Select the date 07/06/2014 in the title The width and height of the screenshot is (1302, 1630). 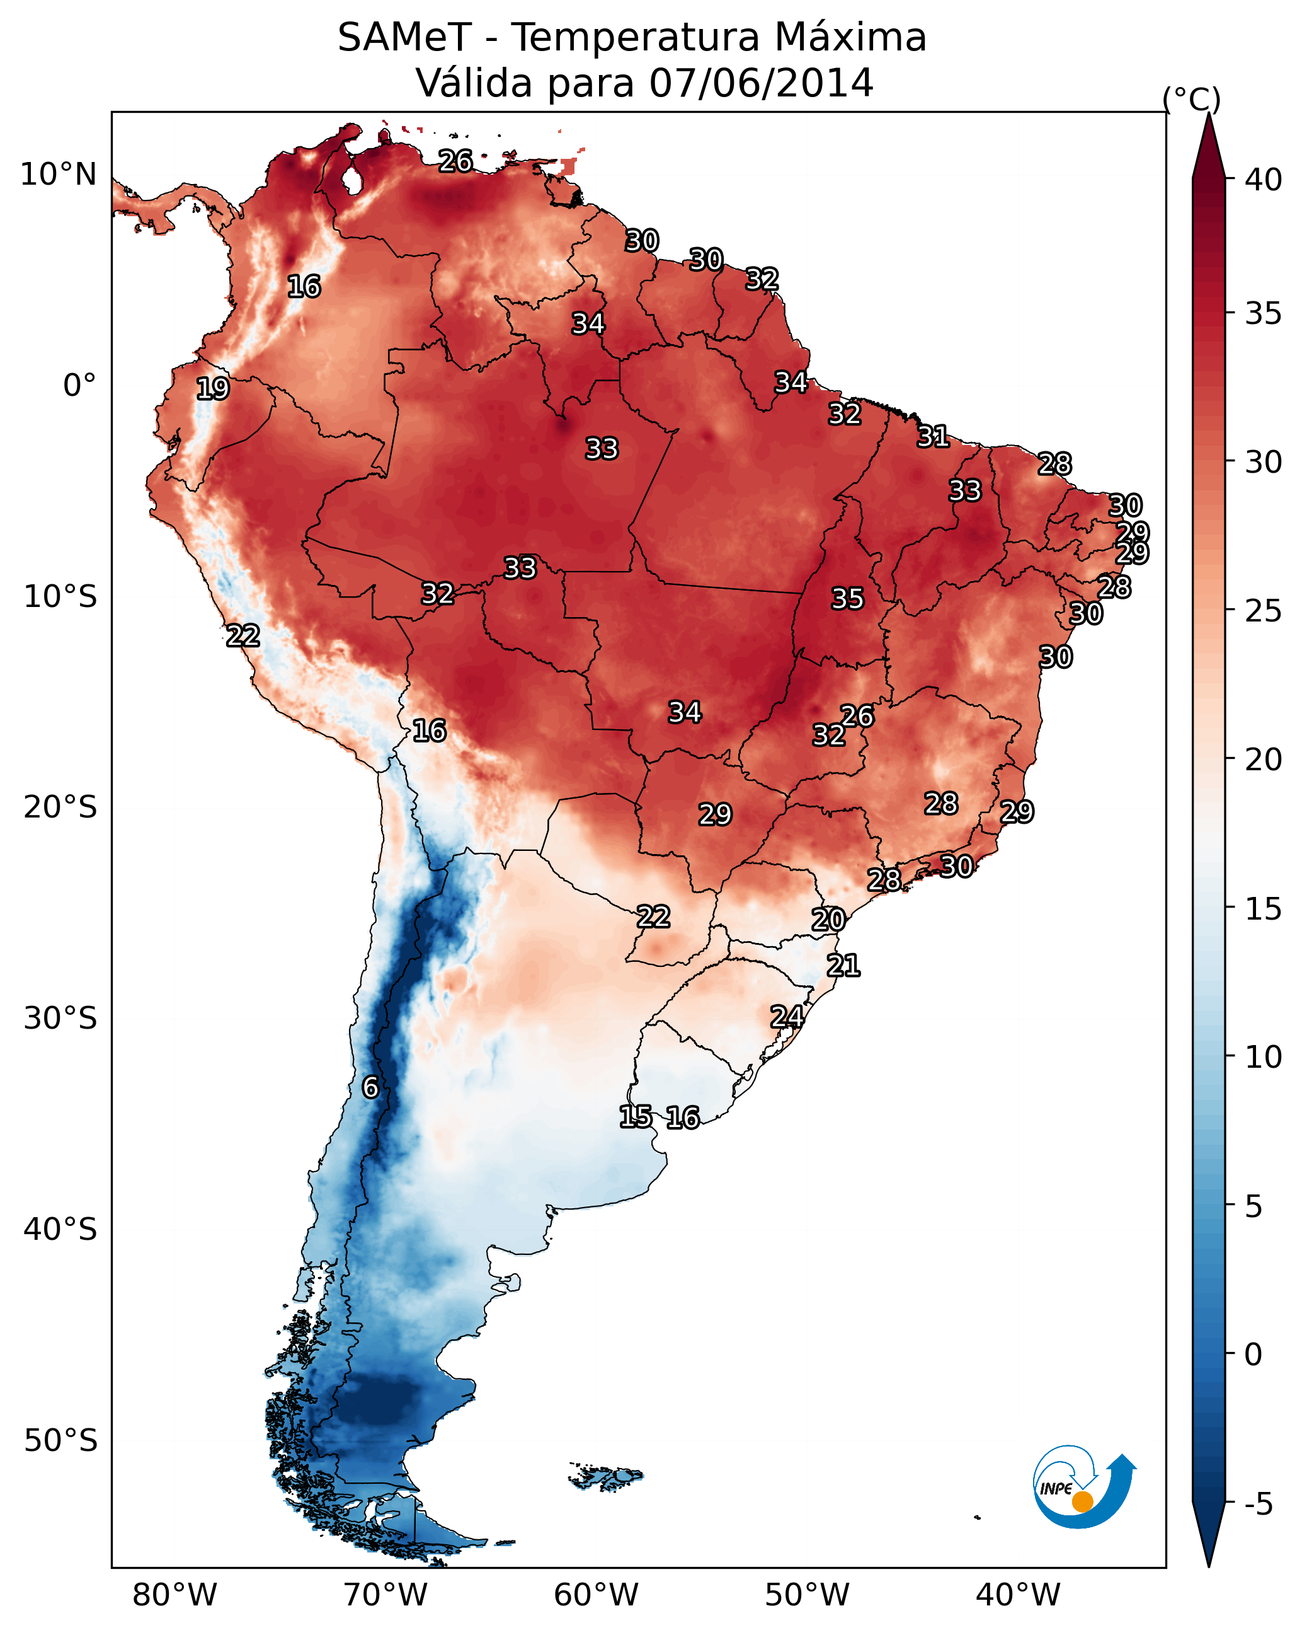[x=761, y=83]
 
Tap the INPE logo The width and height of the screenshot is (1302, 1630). [x=1083, y=1486]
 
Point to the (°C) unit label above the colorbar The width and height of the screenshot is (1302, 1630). [x=1191, y=99]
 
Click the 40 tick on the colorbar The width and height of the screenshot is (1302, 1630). [x=1263, y=180]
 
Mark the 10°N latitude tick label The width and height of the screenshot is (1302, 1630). [x=58, y=175]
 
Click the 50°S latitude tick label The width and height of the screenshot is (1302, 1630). [x=60, y=1441]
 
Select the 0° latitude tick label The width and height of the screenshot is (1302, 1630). [x=79, y=386]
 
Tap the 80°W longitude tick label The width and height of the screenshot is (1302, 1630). [x=174, y=1595]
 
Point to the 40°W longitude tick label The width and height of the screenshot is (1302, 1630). [x=1018, y=1595]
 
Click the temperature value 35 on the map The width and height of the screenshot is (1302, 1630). [x=847, y=599]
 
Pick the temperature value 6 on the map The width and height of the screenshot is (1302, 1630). [x=370, y=1087]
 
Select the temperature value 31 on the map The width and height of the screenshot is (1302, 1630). [x=934, y=436]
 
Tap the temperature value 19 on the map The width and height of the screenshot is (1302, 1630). [x=212, y=389]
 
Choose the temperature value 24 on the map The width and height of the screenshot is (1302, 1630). [x=787, y=1017]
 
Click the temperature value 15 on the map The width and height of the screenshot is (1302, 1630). [x=636, y=1117]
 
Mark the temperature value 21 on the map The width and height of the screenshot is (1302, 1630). [x=843, y=966]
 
